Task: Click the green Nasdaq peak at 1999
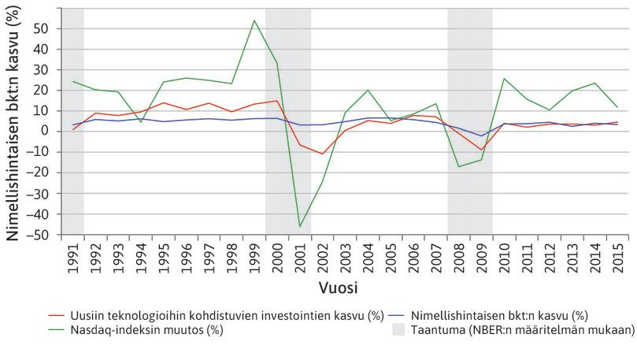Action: click(x=254, y=20)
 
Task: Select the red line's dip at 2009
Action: click(x=482, y=150)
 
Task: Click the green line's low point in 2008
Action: click(x=459, y=166)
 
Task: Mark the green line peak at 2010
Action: click(x=504, y=78)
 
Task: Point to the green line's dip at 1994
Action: click(x=141, y=122)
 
